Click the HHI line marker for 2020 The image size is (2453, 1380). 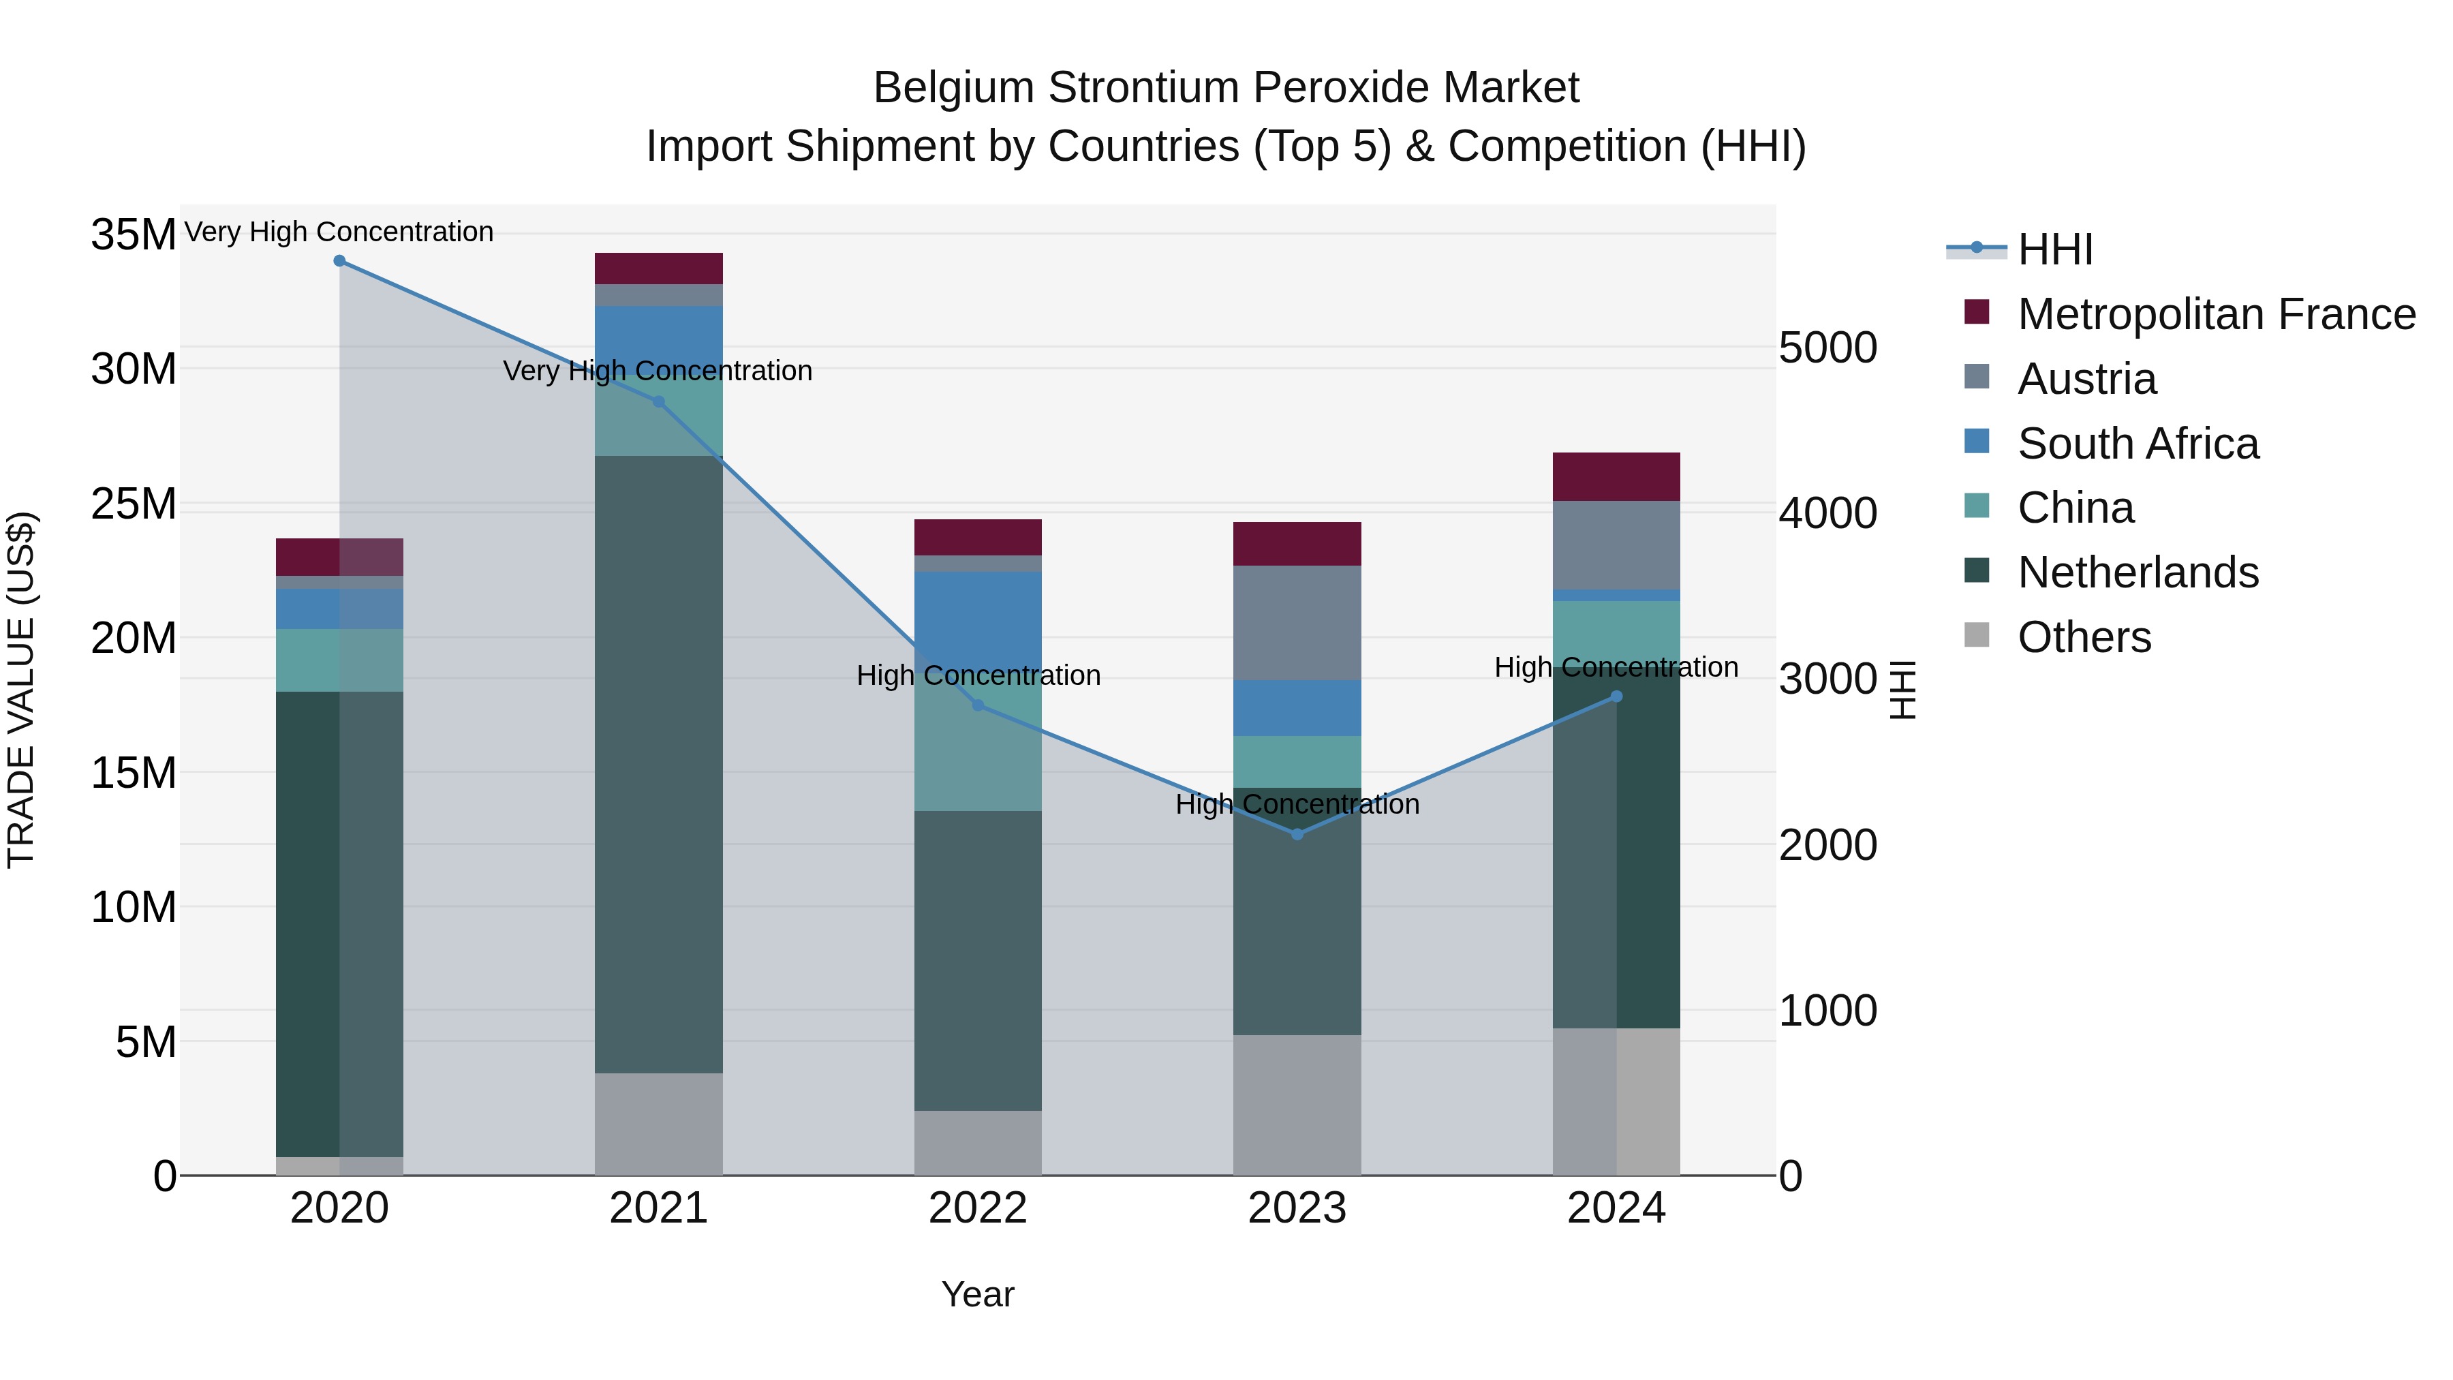(x=340, y=261)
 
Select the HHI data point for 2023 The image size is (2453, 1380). (x=1297, y=834)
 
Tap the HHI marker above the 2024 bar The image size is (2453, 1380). (x=1616, y=697)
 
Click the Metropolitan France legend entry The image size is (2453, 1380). (x=2216, y=314)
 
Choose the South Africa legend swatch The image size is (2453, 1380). (x=1977, y=442)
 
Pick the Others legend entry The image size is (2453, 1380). (x=2084, y=637)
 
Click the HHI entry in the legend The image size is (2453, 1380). (x=2055, y=249)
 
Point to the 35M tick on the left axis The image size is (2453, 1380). (x=134, y=234)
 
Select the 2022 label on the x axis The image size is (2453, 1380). (x=978, y=1208)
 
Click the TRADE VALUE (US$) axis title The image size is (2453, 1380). (x=21, y=690)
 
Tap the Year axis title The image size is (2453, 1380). (x=978, y=1294)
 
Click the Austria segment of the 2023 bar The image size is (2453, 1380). (x=1297, y=623)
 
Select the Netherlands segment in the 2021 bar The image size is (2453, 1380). (x=659, y=764)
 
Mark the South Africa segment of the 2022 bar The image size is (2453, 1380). (x=978, y=609)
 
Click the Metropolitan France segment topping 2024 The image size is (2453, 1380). (x=1616, y=476)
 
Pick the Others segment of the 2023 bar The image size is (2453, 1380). (x=1297, y=1105)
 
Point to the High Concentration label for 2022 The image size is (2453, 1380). (x=978, y=675)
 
